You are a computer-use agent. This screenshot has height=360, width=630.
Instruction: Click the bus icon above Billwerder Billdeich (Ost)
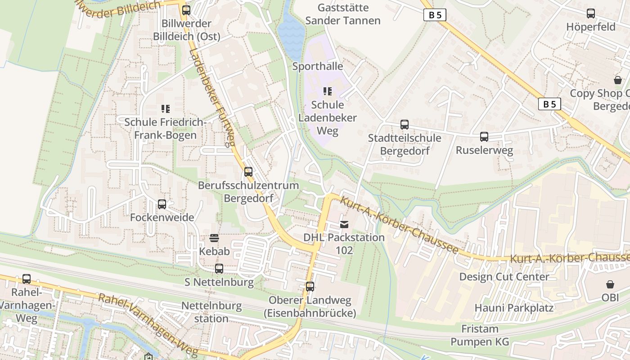click(x=186, y=10)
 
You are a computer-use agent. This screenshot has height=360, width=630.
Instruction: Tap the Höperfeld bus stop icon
click(x=591, y=13)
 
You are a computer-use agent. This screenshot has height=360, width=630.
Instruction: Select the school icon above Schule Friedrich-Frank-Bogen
click(x=165, y=108)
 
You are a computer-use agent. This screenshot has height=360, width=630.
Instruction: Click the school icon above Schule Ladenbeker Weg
click(x=328, y=91)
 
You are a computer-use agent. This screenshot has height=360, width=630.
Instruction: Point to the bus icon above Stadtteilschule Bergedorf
click(x=405, y=125)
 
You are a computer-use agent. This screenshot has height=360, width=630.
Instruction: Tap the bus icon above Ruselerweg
click(x=484, y=137)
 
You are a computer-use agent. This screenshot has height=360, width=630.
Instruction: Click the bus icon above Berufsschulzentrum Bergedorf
click(x=248, y=172)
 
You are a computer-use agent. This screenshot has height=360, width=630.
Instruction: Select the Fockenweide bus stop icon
click(x=162, y=204)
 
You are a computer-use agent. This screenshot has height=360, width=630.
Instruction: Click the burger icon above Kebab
click(x=214, y=238)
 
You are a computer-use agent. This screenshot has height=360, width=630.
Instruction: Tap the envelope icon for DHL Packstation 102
click(x=344, y=224)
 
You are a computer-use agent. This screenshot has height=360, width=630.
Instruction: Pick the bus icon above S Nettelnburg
click(x=219, y=269)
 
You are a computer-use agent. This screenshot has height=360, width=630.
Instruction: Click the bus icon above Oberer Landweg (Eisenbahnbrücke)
click(x=310, y=287)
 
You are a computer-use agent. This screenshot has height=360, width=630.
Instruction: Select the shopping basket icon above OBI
click(x=610, y=284)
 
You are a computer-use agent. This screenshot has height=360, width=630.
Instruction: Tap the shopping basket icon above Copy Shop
click(x=618, y=80)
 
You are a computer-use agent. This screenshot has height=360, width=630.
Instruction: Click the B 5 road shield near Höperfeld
click(x=435, y=15)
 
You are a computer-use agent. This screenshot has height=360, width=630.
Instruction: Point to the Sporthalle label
click(x=318, y=67)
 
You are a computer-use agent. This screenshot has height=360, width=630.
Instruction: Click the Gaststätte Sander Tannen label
click(x=343, y=14)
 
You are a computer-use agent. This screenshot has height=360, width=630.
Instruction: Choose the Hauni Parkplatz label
click(x=514, y=308)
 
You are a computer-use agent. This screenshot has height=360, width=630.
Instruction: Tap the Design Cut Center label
click(x=504, y=277)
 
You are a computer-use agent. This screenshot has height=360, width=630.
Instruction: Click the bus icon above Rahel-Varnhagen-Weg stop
click(x=27, y=279)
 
